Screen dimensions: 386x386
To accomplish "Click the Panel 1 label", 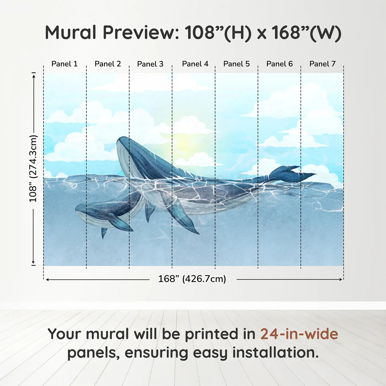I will (65, 64).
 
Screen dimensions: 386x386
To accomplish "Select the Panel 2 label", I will (108, 64).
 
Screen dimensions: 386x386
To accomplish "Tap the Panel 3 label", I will (150, 64).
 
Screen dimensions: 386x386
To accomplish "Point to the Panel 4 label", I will (195, 64).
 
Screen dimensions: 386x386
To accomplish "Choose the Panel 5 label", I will (236, 64).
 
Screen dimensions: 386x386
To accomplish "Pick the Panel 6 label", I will (279, 64).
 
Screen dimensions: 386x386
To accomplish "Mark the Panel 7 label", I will (322, 64).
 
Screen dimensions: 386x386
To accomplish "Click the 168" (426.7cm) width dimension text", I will (192, 279).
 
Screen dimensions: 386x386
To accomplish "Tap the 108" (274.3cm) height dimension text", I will (33, 169).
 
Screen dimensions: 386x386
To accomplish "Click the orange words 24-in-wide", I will (299, 334).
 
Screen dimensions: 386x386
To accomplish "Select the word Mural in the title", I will (71, 33).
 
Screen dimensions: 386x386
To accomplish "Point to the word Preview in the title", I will (141, 33).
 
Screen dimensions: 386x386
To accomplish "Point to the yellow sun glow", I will (183, 143).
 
